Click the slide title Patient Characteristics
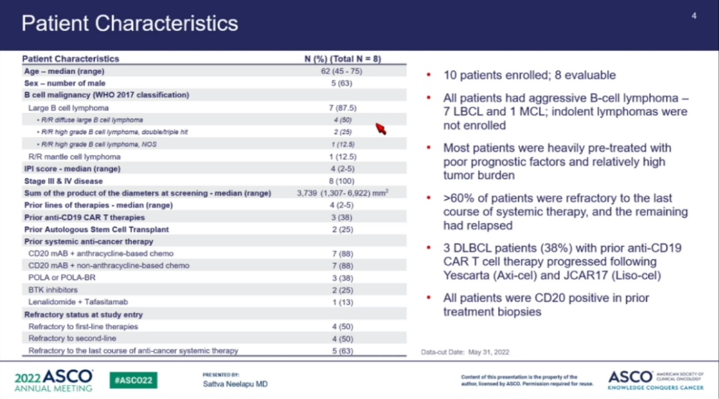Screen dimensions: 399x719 (x=130, y=23)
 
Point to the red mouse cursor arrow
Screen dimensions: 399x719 (x=381, y=128)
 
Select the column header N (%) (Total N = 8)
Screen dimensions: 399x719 (x=342, y=59)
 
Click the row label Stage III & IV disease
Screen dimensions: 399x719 (x=63, y=180)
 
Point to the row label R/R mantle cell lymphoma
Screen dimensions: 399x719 (x=74, y=156)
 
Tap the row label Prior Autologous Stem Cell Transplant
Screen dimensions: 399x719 (x=96, y=229)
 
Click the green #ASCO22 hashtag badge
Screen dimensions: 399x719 (x=134, y=380)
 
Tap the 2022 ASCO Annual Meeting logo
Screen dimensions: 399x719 (x=53, y=380)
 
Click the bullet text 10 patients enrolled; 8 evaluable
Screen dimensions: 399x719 (x=529, y=76)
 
